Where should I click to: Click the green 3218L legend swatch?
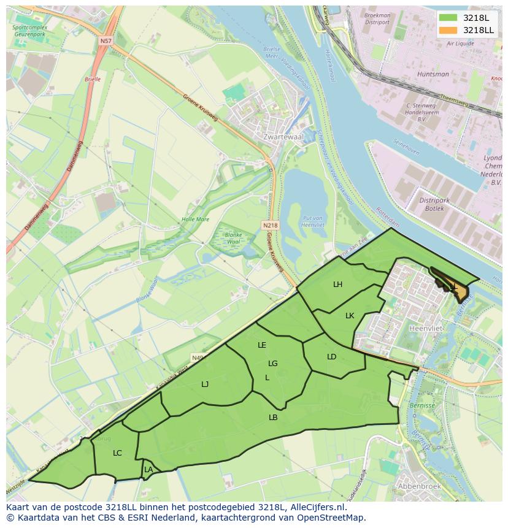pyautogui.click(x=448, y=18)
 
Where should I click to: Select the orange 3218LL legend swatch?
pyautogui.click(x=448, y=29)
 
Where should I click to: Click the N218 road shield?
pyautogui.click(x=270, y=225)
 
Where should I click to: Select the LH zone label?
pyautogui.click(x=337, y=284)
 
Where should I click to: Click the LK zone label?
pyautogui.click(x=350, y=316)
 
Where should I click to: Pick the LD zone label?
pyautogui.click(x=331, y=356)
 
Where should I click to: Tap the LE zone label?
pyautogui.click(x=262, y=345)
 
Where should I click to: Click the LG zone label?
pyautogui.click(x=273, y=364)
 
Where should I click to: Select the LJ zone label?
pyautogui.click(x=205, y=385)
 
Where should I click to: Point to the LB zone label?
pyautogui.click(x=273, y=418)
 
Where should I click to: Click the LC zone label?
pyautogui.click(x=117, y=453)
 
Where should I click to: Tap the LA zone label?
pyautogui.click(x=148, y=470)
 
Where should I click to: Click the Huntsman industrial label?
pyautogui.click(x=433, y=74)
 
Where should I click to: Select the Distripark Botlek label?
pyautogui.click(x=435, y=204)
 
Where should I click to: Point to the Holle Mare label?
pyautogui.click(x=195, y=220)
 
